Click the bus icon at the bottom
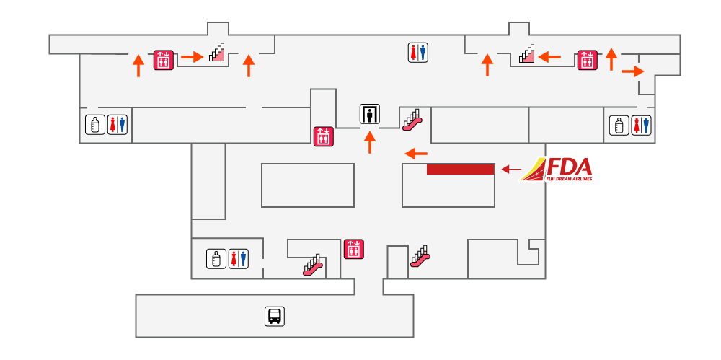pos(275,316)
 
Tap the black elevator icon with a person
pos(370,114)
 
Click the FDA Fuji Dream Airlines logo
pos(557,170)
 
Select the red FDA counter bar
pos(460,169)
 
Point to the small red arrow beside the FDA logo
pos(511,170)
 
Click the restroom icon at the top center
pos(418,52)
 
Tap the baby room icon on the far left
pos(94,125)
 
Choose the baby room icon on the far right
pos(619,125)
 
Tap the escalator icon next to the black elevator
pos(412,119)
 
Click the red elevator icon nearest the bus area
pos(353,250)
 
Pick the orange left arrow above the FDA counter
pos(416,153)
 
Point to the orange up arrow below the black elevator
pos(371,142)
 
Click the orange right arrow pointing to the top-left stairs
pos(191,57)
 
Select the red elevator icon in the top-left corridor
pos(162,59)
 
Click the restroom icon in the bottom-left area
pos(238,258)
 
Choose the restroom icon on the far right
pos(641,125)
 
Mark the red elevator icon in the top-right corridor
pos(587,59)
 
